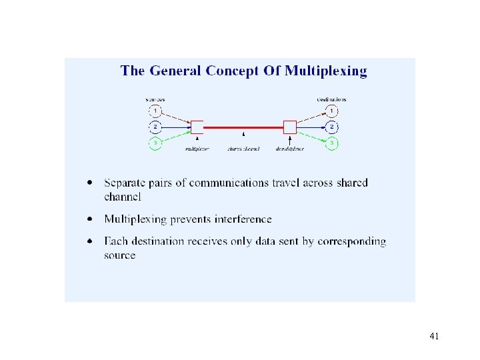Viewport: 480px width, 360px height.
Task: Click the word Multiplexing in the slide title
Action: point(325,71)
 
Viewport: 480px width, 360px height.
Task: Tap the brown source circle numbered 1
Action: point(155,110)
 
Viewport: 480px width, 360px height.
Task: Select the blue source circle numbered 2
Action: point(155,127)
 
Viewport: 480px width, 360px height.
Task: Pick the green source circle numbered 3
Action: point(155,143)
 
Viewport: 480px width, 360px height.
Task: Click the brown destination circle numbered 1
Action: point(332,110)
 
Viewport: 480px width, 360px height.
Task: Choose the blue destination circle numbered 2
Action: point(332,127)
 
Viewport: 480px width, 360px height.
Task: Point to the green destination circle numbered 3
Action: point(332,143)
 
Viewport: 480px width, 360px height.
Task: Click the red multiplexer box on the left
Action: point(197,127)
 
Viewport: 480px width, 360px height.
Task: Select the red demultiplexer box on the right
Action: point(290,127)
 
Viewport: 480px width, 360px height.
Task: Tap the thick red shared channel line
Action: point(243,127)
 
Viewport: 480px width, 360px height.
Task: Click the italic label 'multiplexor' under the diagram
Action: point(197,149)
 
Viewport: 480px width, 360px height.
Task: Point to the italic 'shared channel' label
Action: point(243,149)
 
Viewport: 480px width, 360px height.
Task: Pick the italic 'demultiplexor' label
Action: point(290,149)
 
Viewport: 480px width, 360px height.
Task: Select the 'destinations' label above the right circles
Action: point(331,99)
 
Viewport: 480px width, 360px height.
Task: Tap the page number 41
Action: point(434,336)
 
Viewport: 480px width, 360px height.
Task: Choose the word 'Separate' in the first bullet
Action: point(125,183)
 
